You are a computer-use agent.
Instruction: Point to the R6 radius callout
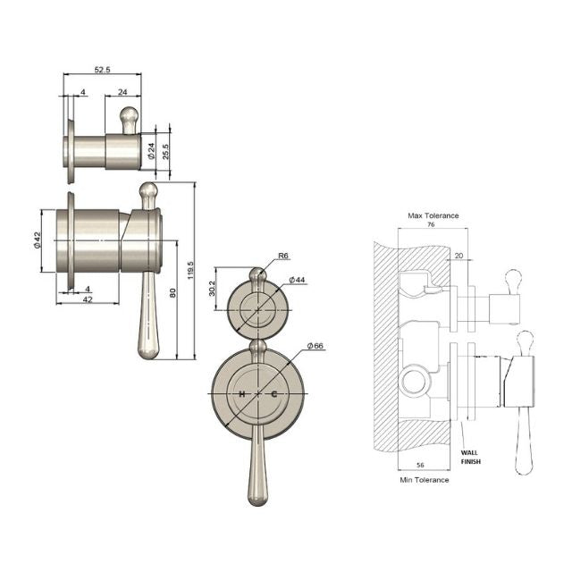click(282, 256)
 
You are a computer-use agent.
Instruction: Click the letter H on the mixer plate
click(241, 394)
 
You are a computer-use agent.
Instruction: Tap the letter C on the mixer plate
click(273, 394)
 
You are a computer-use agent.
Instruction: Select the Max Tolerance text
click(433, 215)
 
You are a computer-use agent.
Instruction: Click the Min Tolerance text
click(424, 480)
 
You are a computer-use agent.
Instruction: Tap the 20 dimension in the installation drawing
click(458, 256)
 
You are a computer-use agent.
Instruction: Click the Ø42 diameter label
click(38, 241)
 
